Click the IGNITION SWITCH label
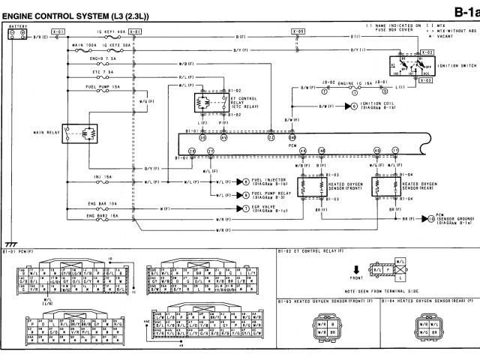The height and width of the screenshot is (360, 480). coord(457,65)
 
